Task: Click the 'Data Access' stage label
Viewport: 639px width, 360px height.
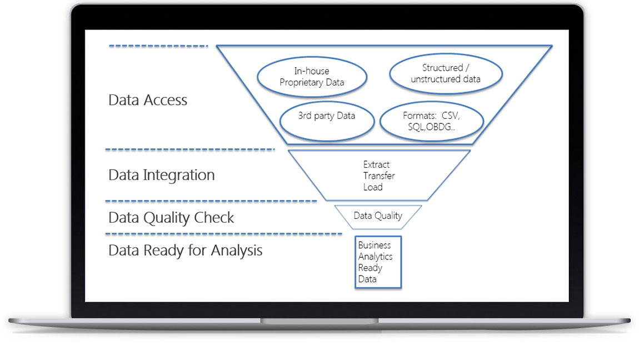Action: click(148, 101)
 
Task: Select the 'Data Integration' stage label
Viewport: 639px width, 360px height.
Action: click(161, 175)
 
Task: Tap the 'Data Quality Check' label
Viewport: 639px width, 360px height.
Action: click(171, 218)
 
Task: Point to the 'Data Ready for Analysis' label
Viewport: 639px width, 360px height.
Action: click(185, 251)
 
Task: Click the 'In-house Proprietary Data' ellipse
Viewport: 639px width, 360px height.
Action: click(312, 77)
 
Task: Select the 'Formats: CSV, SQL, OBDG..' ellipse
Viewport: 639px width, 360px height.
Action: click(431, 122)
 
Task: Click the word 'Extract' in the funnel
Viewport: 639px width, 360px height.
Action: click(376, 164)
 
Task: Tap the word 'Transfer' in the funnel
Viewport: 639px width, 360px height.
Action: click(379, 176)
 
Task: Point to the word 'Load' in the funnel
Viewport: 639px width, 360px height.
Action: click(373, 187)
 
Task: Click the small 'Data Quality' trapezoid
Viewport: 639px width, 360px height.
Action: click(378, 216)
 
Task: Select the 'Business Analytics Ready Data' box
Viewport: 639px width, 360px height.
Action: click(378, 262)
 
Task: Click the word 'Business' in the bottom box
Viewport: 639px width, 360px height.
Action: click(374, 245)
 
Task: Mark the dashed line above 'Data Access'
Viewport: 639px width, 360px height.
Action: click(158, 46)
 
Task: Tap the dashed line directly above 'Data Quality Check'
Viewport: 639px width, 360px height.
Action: click(211, 201)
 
